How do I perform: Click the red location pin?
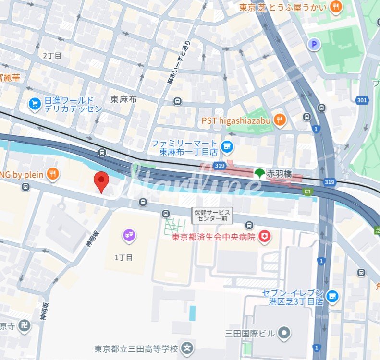point(101,181)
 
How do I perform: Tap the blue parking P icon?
point(314,45)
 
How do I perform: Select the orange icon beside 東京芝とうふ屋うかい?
point(335,7)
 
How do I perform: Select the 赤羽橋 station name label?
point(279,174)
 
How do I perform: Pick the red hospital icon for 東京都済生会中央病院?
point(264,236)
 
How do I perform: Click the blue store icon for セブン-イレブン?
point(331,296)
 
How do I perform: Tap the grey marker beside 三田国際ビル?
point(285,331)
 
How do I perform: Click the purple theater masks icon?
point(129,235)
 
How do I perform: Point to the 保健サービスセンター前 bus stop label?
point(212,216)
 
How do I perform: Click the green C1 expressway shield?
point(307,192)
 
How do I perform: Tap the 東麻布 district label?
point(124,99)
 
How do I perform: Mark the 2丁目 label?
point(52,56)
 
